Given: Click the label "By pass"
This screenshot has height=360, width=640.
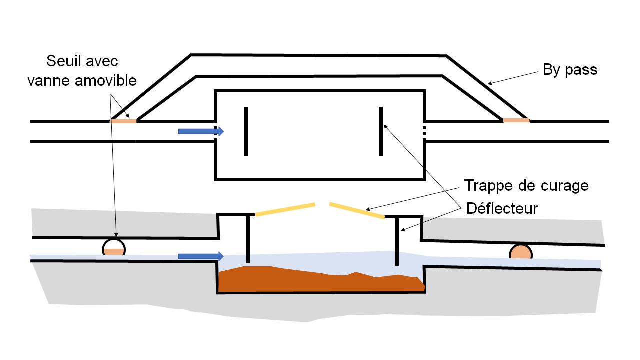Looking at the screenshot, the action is pos(570,70).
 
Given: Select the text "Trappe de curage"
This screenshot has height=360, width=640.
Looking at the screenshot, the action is pos(526,186).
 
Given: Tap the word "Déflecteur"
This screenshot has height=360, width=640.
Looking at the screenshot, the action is pos(502,208).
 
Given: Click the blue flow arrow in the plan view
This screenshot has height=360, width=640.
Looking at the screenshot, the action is pos(201,131).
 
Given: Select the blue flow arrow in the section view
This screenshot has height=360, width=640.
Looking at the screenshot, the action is pos(201,256).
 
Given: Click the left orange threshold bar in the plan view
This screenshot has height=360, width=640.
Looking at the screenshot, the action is pos(123,121).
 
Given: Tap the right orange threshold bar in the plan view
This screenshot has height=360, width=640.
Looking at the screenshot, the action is pos(516,120).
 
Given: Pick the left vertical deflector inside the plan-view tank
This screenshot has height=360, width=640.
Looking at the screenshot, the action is pos(246,132).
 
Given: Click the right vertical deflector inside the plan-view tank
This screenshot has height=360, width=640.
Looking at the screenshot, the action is pos(381,131).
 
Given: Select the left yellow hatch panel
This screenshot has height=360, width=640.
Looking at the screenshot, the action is pos(285,209).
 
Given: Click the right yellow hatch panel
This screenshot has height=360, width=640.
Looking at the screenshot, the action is pos(357,210).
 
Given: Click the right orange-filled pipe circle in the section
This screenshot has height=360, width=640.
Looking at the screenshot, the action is pos(521,252).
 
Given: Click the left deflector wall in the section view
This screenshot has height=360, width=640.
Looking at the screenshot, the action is pos(248,239).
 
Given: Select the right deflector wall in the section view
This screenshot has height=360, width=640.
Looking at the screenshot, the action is pos(397,241).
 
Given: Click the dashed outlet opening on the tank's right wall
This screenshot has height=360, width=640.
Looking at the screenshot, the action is pos(424,131).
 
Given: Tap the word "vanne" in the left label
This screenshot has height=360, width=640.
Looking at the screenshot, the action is pos(48,81).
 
